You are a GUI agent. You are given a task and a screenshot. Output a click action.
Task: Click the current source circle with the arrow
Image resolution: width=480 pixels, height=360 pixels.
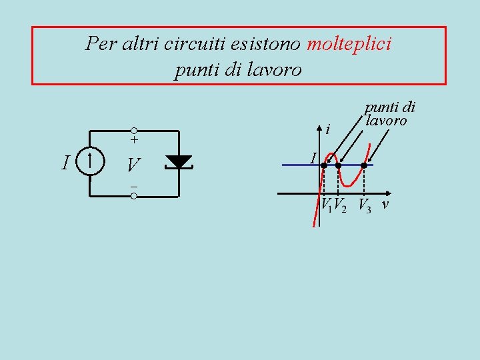89,162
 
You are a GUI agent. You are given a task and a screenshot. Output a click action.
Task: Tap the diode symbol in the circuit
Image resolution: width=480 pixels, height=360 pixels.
178,161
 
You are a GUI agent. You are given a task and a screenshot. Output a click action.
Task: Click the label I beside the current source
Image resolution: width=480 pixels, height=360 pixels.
65,163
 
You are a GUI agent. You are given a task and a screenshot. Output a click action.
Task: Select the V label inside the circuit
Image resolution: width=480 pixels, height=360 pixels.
134,165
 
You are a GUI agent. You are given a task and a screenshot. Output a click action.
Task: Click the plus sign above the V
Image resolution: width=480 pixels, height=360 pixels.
134,141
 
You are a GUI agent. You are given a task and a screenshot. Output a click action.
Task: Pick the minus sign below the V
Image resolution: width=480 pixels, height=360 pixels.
134,186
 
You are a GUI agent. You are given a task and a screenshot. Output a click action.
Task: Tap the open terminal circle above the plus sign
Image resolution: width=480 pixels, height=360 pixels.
134,130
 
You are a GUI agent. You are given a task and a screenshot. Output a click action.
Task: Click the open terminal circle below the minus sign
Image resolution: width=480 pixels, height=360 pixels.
134,196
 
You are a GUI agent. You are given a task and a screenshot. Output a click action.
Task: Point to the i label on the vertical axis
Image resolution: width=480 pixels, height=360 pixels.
328,127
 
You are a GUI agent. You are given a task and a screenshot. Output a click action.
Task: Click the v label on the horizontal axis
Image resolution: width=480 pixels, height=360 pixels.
385,204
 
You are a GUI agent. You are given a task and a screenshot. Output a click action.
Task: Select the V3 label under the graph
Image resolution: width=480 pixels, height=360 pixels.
365,205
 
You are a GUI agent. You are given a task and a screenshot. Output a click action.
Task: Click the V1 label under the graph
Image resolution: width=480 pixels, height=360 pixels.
326,204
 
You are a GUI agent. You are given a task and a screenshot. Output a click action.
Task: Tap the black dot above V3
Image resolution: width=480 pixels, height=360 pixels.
364,165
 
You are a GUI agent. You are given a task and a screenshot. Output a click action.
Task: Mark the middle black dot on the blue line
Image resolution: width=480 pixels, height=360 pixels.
338,165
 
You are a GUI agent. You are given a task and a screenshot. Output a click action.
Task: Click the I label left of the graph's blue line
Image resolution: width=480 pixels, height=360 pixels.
313,158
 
